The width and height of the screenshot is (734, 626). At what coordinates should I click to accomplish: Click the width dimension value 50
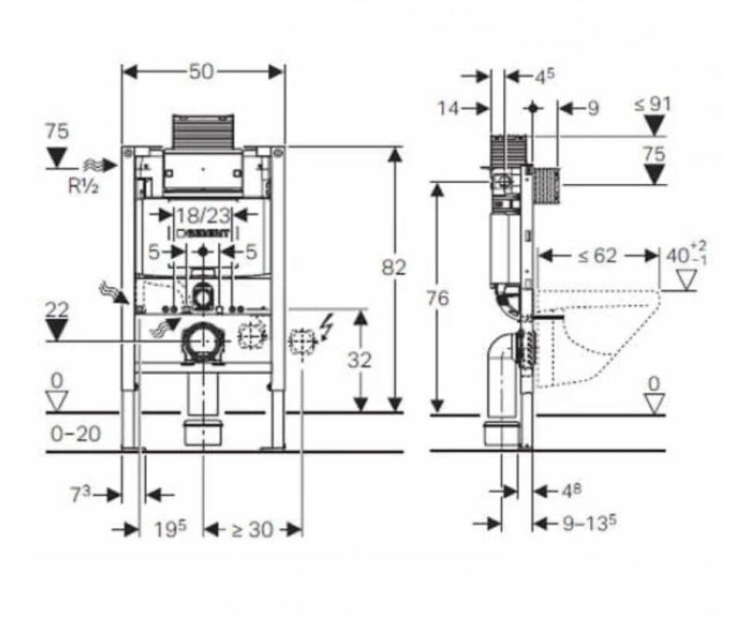point(202,72)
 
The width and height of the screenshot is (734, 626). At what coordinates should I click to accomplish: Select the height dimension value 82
point(394,267)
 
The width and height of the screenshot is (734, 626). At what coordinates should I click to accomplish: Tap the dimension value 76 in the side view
point(438,298)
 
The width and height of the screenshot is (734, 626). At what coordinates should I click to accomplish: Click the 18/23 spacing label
point(203,213)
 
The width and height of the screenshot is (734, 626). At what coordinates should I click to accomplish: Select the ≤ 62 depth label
point(596,255)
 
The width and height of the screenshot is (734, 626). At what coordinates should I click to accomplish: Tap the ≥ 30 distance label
point(252,529)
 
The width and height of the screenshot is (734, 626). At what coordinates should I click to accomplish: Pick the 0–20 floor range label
point(76,434)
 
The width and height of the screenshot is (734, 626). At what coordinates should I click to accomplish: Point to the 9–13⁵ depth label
point(589,523)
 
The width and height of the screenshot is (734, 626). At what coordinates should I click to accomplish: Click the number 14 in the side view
point(449,108)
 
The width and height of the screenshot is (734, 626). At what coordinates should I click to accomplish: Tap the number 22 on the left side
point(56,309)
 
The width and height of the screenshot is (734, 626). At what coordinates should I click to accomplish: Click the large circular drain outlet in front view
point(203,339)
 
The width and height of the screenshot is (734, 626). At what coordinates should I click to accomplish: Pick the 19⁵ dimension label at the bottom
point(170,529)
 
